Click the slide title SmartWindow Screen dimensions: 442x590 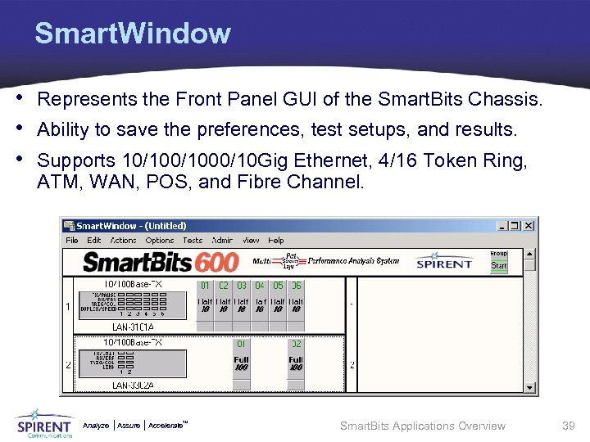pos(132,34)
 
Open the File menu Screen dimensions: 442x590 pos(72,241)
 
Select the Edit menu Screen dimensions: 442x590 pos(94,241)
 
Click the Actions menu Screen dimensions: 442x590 pos(123,241)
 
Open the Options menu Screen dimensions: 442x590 pos(160,241)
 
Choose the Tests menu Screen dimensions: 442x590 pos(193,241)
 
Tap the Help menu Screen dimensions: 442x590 pos(276,241)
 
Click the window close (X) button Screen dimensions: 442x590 pos(529,225)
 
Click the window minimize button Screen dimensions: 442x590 pos(503,225)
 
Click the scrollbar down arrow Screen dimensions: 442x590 pos(530,388)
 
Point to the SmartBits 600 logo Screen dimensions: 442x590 pos(161,262)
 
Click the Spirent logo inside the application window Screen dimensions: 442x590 pos(444,262)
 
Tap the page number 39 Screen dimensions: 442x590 pos(569,426)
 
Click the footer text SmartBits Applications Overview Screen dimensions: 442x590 pos(423,426)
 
